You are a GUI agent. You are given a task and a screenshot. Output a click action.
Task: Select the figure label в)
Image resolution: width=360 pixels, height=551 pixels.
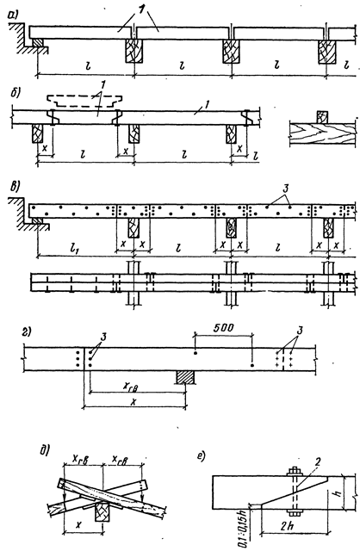point(14,186)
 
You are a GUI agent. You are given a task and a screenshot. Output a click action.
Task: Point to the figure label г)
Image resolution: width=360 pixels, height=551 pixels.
point(26,331)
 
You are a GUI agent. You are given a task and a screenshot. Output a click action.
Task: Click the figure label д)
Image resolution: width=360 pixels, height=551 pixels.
point(45,449)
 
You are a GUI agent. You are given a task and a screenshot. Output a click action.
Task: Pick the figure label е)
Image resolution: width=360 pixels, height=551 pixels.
point(202,456)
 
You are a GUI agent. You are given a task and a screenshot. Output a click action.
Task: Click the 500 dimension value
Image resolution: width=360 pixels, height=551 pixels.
point(223,328)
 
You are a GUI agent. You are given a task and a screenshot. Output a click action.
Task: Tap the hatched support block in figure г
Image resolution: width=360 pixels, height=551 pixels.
point(185,377)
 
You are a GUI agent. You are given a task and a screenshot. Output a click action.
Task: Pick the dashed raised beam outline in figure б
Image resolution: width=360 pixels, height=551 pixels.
point(84,101)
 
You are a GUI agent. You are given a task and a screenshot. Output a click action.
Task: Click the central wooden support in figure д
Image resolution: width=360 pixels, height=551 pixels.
point(101,512)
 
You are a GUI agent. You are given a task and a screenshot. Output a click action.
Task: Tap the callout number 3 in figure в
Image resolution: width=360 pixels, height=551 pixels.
point(286,189)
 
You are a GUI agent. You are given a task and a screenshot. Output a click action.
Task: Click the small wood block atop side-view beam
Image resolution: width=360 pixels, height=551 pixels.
point(322,117)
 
